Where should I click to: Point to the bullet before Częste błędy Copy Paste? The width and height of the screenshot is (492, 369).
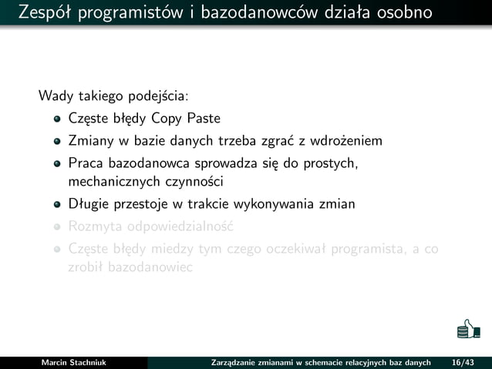(x=57, y=119)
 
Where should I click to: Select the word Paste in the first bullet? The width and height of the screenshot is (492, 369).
(x=204, y=119)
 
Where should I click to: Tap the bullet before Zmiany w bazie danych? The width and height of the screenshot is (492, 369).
(x=57, y=142)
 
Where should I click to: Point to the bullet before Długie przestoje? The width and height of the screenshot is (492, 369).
(x=57, y=205)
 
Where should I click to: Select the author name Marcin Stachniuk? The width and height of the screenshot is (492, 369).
(x=73, y=362)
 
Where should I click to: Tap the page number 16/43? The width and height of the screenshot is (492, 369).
(x=463, y=362)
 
